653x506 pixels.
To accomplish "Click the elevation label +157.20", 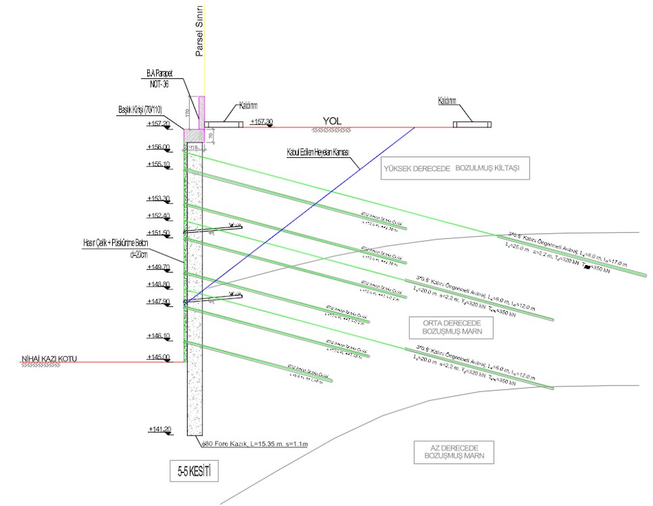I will [157, 124].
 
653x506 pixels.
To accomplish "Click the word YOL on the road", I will [331, 121].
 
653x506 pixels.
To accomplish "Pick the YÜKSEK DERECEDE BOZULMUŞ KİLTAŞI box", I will [455, 169].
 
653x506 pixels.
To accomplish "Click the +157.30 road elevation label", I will [262, 122].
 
